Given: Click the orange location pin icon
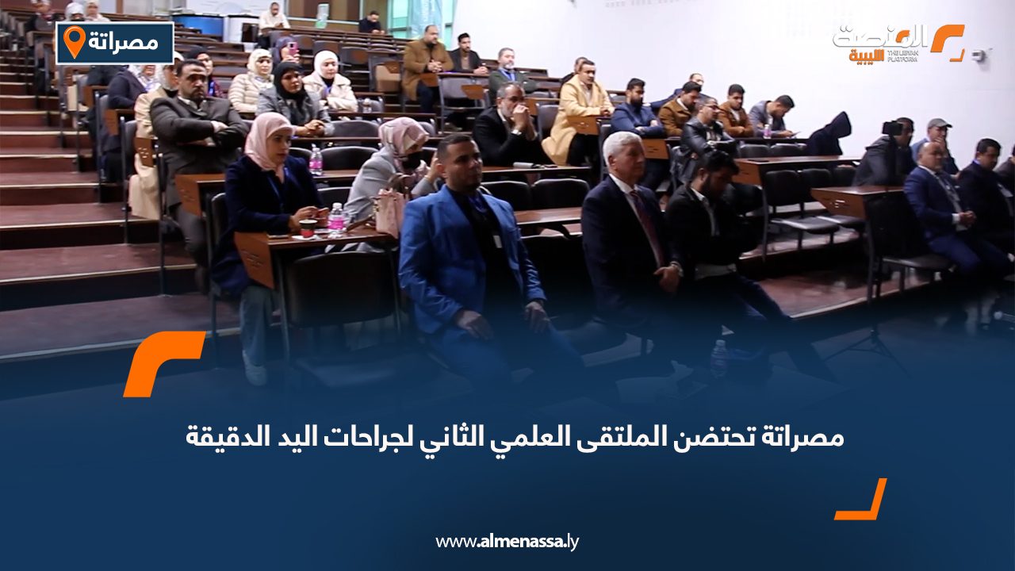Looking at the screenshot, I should tap(74, 41).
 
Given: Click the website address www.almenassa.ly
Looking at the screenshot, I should tap(507, 542).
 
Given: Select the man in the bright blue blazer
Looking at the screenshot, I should tap(473, 254).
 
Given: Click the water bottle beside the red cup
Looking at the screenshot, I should tap(336, 219).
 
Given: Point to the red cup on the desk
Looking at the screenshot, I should tap(308, 228).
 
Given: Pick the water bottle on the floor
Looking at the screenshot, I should tap(718, 358).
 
